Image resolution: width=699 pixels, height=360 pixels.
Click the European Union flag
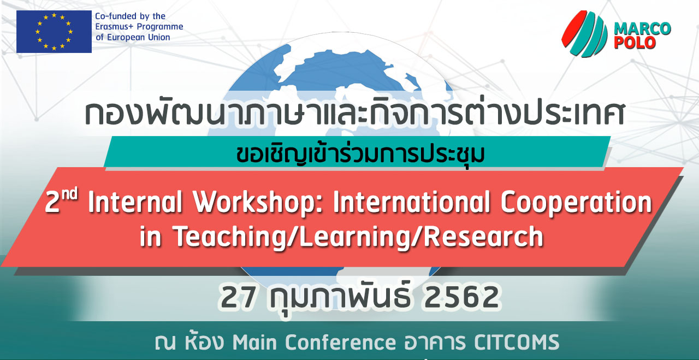[x=54, y=32]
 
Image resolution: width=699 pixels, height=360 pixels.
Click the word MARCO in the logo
[x=642, y=29]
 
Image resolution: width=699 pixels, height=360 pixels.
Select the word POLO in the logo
[x=635, y=43]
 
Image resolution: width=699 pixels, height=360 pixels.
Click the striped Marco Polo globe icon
[x=584, y=34]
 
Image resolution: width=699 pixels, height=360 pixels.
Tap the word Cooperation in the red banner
[x=576, y=203]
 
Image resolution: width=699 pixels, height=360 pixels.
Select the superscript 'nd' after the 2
[x=69, y=194]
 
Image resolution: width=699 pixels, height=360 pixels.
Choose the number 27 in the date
[x=238, y=297]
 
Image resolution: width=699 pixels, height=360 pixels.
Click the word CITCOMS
[x=517, y=342]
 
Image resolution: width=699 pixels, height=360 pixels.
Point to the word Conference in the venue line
[x=340, y=342]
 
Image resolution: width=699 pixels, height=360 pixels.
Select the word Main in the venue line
[x=254, y=342]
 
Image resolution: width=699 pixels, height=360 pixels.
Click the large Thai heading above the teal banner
[x=355, y=111]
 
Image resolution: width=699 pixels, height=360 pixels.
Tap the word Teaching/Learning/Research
[x=359, y=237]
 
